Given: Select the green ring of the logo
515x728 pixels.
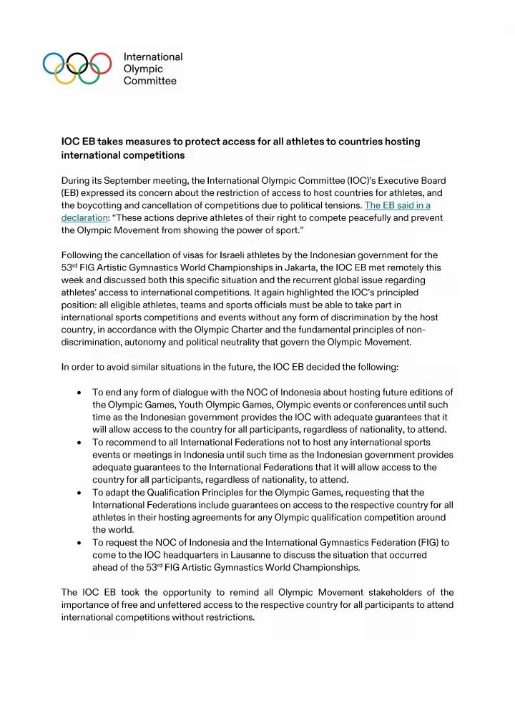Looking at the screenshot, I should pos(88,74).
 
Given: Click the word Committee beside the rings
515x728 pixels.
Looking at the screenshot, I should pos(150,81).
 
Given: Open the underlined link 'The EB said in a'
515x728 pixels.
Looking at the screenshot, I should pos(397,205).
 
